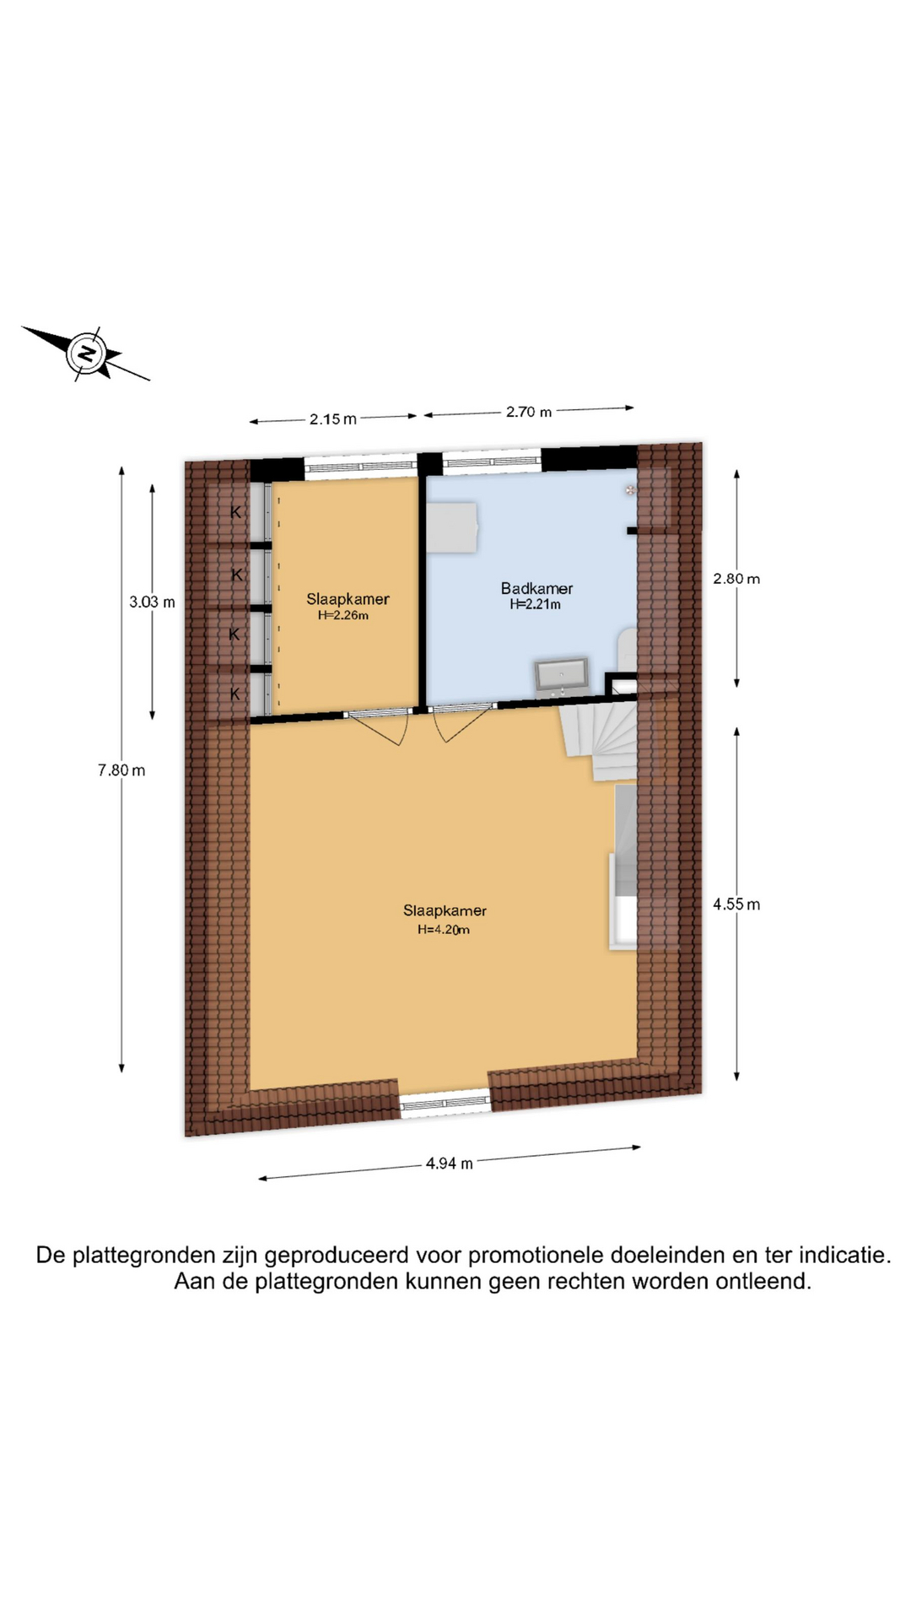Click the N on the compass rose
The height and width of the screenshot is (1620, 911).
(x=86, y=353)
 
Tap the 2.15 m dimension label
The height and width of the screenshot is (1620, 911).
(x=332, y=419)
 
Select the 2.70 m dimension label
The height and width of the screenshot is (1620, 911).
(x=529, y=412)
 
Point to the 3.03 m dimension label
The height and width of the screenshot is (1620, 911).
(x=152, y=602)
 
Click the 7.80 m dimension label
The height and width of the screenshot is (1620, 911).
(x=121, y=769)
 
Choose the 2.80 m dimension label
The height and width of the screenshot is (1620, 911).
(x=736, y=579)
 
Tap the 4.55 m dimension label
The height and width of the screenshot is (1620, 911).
(x=736, y=904)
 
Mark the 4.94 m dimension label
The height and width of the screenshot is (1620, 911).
(x=450, y=1164)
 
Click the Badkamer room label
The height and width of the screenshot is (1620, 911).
(x=536, y=588)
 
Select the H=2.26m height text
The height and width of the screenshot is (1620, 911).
(x=343, y=616)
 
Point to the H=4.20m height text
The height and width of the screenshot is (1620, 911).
(x=444, y=930)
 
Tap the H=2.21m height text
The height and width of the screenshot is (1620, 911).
(x=535, y=604)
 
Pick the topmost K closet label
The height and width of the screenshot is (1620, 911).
(x=236, y=511)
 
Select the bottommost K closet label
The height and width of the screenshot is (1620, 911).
(x=235, y=694)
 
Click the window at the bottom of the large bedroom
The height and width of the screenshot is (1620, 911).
(x=445, y=1104)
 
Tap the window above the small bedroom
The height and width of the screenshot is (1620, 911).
(x=360, y=467)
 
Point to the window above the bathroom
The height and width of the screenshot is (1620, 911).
(x=492, y=462)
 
